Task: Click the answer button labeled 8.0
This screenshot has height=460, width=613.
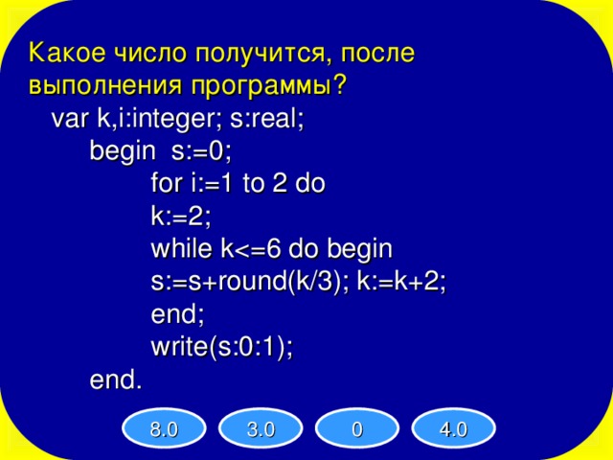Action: click(x=164, y=429)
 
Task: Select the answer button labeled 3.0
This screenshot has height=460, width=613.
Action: click(x=260, y=429)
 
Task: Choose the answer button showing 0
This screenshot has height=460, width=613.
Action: click(x=356, y=429)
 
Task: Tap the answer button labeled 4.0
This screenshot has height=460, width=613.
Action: click(x=452, y=429)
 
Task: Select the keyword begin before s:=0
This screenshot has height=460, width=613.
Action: click(x=122, y=151)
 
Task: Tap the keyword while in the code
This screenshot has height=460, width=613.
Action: click(x=182, y=249)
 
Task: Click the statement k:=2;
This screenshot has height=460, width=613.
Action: click(x=180, y=217)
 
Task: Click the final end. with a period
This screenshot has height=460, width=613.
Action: click(x=115, y=380)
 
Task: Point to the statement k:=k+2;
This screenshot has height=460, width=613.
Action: click(x=401, y=283)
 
